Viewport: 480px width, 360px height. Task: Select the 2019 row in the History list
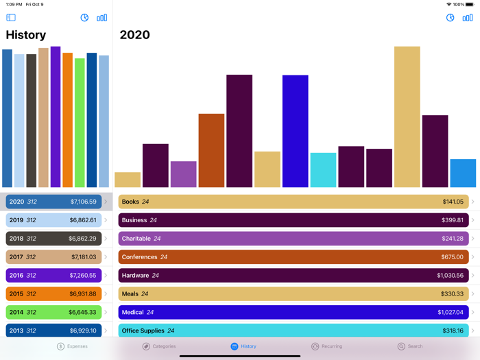(53, 220)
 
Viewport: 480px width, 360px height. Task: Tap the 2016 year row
(53, 276)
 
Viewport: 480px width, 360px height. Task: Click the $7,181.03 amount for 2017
(84, 257)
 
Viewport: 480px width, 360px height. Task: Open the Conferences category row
(293, 257)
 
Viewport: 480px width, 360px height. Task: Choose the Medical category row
(293, 313)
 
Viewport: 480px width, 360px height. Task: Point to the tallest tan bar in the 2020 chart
(407, 117)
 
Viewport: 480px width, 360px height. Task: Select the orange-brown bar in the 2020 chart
(211, 150)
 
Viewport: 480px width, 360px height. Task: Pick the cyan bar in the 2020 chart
(323, 170)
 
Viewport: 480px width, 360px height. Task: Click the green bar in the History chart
(80, 123)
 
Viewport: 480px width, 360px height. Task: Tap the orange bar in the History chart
(67, 120)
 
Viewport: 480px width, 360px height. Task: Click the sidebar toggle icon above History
(11, 18)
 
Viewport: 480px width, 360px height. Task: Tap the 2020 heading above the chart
(134, 35)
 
